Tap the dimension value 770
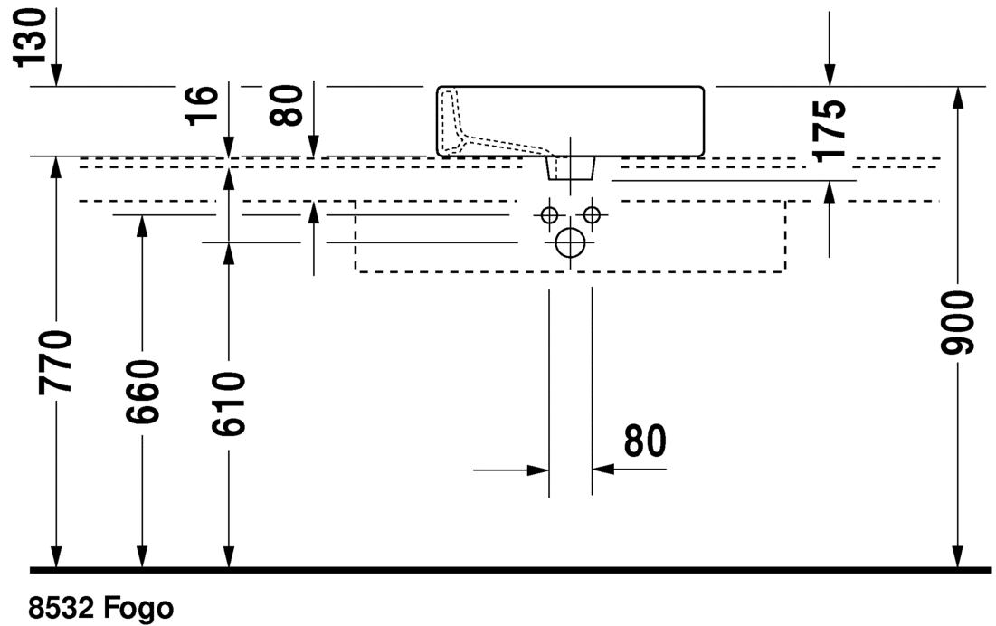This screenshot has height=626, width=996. click(x=56, y=362)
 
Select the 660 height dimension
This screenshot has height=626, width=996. click(x=142, y=391)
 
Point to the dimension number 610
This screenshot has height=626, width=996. click(x=228, y=403)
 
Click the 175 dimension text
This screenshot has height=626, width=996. click(x=830, y=129)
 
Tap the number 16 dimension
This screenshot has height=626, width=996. click(x=205, y=105)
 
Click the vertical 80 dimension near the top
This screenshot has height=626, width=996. click(x=289, y=105)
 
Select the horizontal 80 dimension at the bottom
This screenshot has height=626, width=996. click(x=644, y=441)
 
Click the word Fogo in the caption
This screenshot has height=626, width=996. click(x=138, y=607)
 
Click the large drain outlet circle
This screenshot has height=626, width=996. click(x=570, y=242)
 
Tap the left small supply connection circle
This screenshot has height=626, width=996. click(x=548, y=215)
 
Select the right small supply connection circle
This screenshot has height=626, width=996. click(x=592, y=215)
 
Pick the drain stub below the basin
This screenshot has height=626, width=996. click(x=570, y=167)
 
